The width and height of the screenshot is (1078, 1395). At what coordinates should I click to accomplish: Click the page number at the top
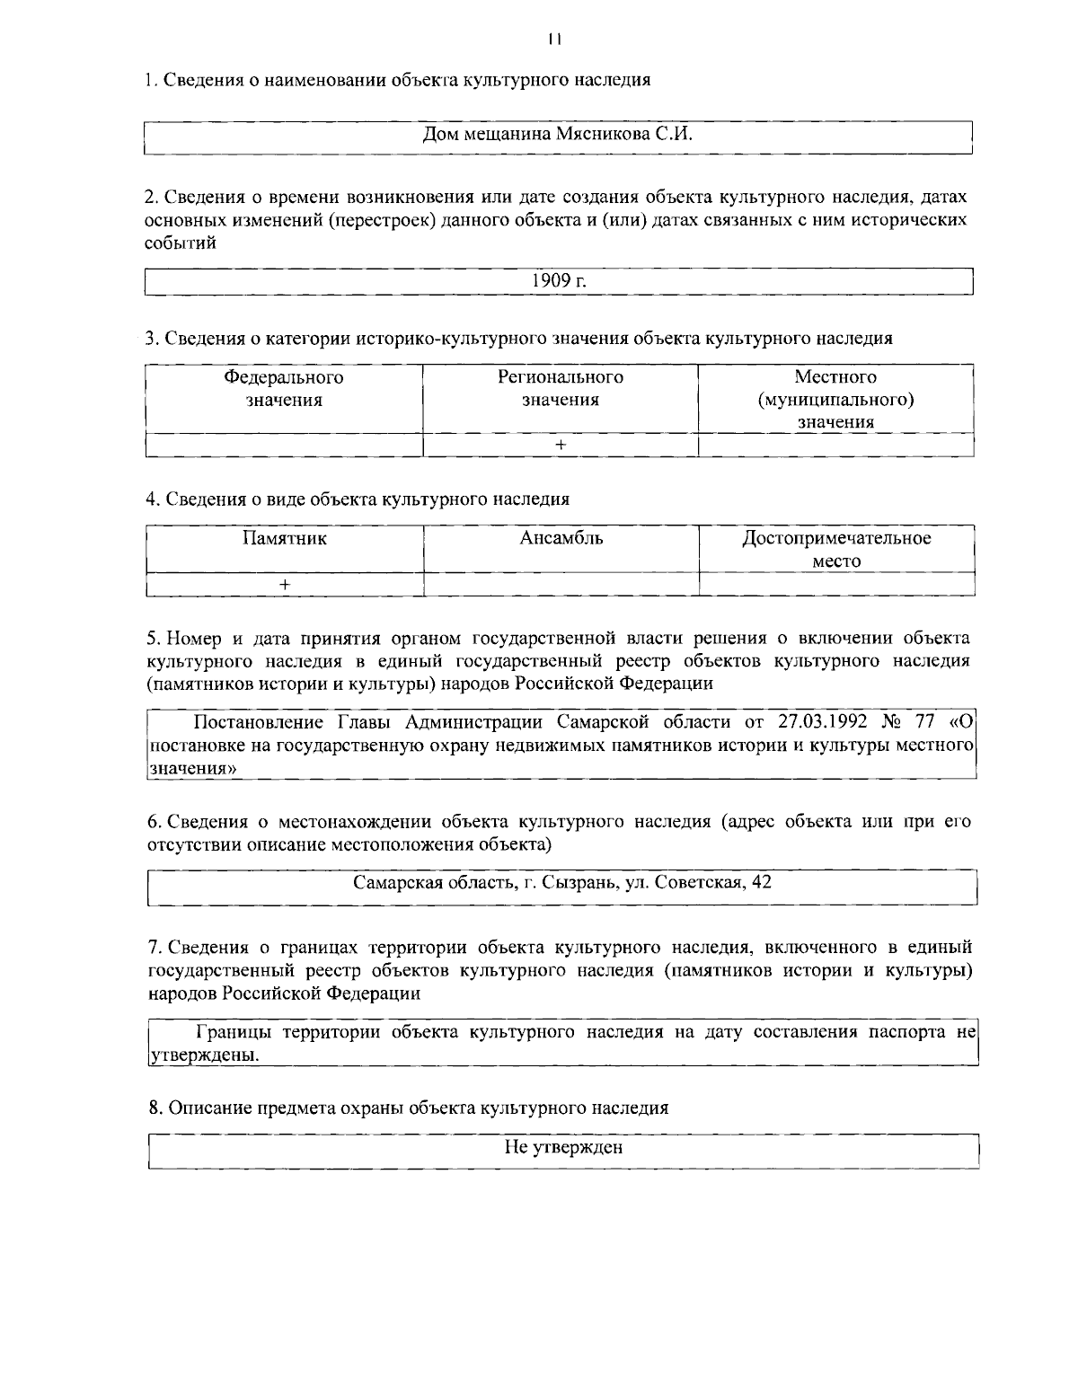(554, 39)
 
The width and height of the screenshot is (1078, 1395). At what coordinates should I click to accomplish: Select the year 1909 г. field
(559, 280)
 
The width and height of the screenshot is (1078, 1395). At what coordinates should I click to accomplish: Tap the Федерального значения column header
(284, 389)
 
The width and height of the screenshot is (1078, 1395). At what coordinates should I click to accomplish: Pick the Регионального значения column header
(561, 389)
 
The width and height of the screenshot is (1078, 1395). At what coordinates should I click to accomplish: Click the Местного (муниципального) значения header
(835, 400)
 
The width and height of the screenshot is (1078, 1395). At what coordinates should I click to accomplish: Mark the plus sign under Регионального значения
(561, 445)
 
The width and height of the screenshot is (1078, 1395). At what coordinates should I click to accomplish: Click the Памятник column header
(284, 539)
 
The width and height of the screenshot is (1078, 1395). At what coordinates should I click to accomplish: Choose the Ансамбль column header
(561, 539)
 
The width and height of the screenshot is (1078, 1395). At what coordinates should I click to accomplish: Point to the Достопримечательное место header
(835, 550)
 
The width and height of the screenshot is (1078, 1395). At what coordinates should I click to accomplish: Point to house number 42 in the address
(761, 882)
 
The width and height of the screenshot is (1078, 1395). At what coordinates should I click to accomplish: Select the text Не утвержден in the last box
(563, 1148)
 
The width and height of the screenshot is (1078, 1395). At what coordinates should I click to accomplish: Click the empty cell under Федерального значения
(284, 445)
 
